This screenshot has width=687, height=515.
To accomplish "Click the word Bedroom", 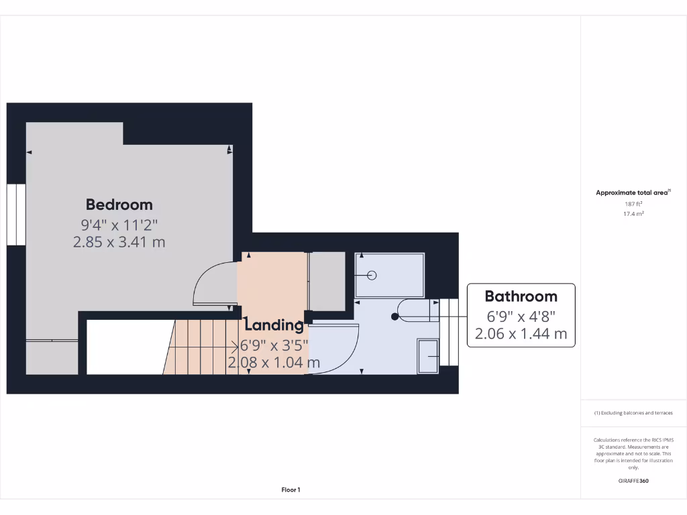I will click(x=119, y=205).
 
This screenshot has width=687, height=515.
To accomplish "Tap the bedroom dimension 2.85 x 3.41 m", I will click(x=119, y=241).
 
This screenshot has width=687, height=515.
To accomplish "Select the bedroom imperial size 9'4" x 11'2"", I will click(x=119, y=224).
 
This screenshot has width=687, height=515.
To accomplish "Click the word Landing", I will click(x=274, y=326).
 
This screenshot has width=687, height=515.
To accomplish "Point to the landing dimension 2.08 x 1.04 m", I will click(x=274, y=363).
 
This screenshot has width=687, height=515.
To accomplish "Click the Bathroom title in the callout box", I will click(x=521, y=296).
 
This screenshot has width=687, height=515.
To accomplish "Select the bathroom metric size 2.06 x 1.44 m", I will click(x=521, y=333).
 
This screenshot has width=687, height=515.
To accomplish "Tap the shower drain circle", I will click(x=372, y=275).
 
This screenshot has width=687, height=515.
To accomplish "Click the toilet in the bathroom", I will click(x=413, y=310).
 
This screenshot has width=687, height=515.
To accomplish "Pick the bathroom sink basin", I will click(x=427, y=355).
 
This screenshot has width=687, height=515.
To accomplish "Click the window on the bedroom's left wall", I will click(x=16, y=214).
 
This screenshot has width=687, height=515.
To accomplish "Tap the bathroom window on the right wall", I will click(x=449, y=335).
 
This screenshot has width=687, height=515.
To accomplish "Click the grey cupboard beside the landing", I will click(x=327, y=282).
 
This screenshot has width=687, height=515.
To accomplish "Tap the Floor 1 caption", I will click(x=290, y=490).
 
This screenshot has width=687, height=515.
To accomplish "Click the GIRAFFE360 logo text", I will click(x=633, y=481).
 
